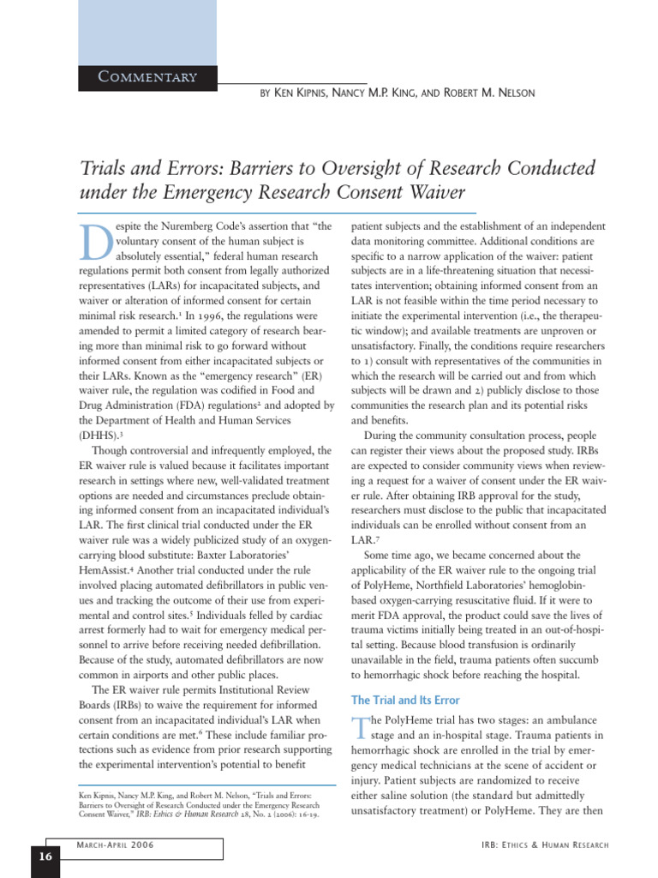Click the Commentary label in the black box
tap(147, 77)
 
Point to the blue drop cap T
tap(359, 727)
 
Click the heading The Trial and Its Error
tap(405, 700)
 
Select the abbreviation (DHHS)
tap(101, 435)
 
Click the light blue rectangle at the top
tap(136, 31)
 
